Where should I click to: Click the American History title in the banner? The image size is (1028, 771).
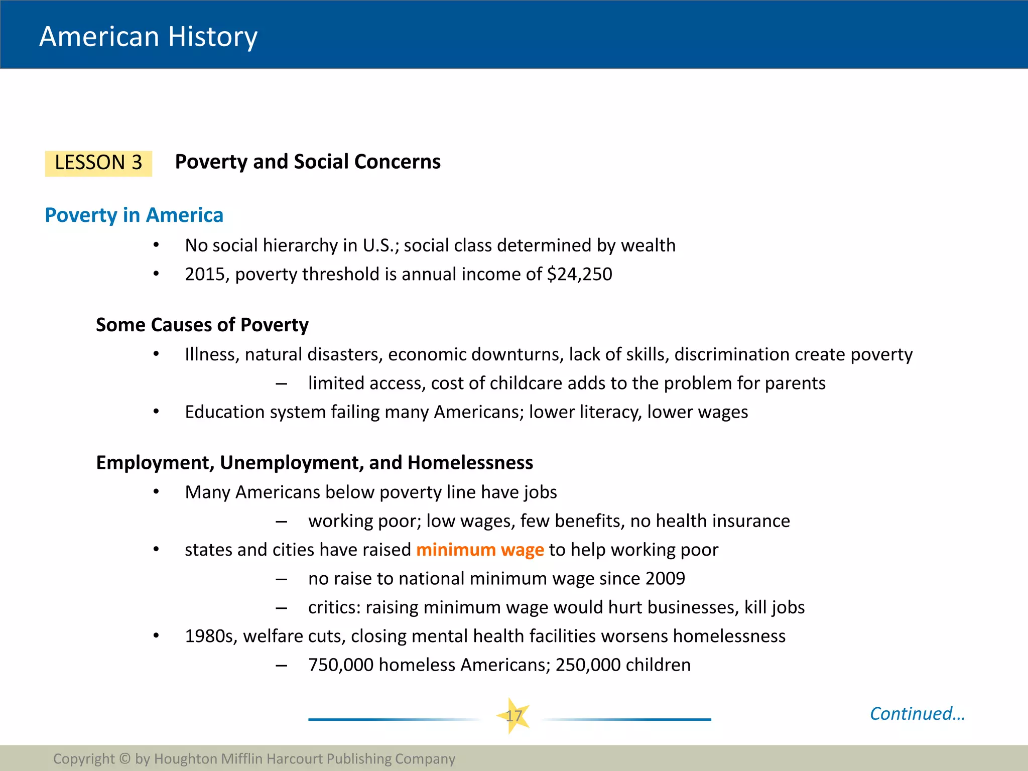pyautogui.click(x=148, y=37)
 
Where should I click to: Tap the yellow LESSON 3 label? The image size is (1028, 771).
pyautogui.click(x=98, y=163)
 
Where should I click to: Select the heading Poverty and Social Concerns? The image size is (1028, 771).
pyautogui.click(x=307, y=162)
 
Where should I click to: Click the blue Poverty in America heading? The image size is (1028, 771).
pyautogui.click(x=134, y=215)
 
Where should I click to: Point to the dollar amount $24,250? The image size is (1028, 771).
pyautogui.click(x=579, y=274)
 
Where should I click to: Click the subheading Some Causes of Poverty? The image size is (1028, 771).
pyautogui.click(x=202, y=325)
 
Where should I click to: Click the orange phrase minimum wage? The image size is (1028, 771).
pyautogui.click(x=480, y=550)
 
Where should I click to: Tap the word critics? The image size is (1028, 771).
pyautogui.click(x=334, y=607)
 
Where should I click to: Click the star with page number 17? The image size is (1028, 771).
pyautogui.click(x=513, y=716)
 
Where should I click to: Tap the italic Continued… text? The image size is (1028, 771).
pyautogui.click(x=917, y=713)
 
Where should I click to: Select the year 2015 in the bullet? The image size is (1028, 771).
pyautogui.click(x=206, y=274)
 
